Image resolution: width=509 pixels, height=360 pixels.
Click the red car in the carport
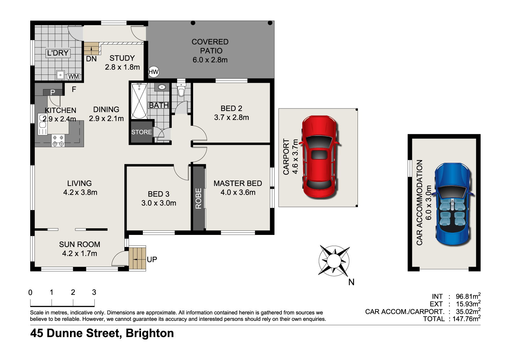(319, 157)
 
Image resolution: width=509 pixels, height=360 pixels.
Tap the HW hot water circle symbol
(153, 72)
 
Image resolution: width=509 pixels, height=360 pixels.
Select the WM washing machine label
(73, 76)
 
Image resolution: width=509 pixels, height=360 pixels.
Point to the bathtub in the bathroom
(139, 101)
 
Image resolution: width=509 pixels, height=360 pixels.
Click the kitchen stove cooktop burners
(58, 141)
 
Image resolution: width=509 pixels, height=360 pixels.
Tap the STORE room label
(141, 132)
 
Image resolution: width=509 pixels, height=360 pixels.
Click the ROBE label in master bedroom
(199, 198)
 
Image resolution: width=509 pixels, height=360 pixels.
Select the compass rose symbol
(334, 261)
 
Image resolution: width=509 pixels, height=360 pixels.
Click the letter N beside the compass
(351, 282)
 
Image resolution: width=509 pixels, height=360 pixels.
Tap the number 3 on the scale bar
(94, 292)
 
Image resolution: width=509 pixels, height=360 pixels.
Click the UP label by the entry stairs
(152, 259)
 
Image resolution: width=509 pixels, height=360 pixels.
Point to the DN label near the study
(91, 59)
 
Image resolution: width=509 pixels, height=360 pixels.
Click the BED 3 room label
(159, 194)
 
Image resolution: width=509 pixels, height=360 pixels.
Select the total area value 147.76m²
(466, 318)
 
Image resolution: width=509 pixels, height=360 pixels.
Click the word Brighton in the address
(150, 333)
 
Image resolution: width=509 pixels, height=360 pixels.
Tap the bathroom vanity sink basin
(162, 87)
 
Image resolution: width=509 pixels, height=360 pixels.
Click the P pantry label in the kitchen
(53, 92)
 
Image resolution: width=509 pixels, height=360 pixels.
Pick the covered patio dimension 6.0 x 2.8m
(210, 60)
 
